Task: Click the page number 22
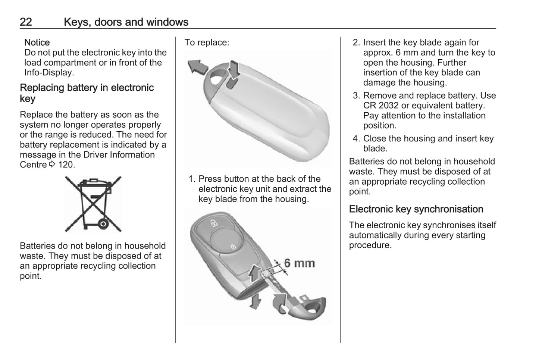[x=26, y=22]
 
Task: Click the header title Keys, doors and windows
[x=126, y=22]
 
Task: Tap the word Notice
[x=37, y=43]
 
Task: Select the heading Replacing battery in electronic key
[x=87, y=93]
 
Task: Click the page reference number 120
[x=66, y=165]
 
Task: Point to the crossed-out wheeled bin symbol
[x=93, y=204]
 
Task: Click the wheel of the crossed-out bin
[x=103, y=224]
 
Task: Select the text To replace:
[x=207, y=43]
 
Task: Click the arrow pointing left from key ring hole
[x=197, y=66]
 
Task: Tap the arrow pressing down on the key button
[x=234, y=68]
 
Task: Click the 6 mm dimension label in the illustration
[x=299, y=263]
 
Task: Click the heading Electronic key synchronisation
[x=416, y=209]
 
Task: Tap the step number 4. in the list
[x=356, y=139]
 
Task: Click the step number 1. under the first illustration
[x=192, y=179]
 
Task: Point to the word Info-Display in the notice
[x=49, y=73]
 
